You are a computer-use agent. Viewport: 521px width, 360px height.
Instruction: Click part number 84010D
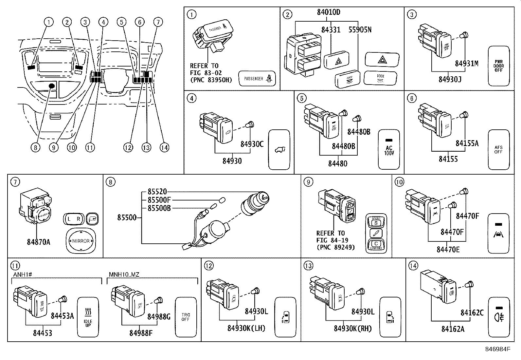(x=329, y=12)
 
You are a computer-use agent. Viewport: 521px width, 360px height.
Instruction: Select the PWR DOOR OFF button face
(x=499, y=66)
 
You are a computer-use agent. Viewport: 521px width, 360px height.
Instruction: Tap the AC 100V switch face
(x=389, y=149)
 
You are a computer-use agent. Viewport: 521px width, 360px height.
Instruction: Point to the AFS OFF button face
(x=498, y=149)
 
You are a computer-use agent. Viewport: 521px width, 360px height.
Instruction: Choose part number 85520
(x=157, y=191)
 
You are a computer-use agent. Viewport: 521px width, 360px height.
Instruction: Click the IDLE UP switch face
(x=88, y=317)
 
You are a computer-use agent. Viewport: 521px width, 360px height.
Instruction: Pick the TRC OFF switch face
(x=186, y=317)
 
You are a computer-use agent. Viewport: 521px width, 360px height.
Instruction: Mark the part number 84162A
(x=453, y=329)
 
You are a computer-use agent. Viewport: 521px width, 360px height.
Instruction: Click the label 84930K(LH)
(x=246, y=328)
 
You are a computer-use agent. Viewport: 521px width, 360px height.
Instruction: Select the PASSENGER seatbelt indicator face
(x=257, y=79)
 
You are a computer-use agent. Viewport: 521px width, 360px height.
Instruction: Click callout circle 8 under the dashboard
(x=35, y=147)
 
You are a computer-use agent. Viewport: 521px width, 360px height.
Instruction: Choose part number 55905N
(x=360, y=30)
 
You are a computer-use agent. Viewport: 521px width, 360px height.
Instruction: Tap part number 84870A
(x=39, y=242)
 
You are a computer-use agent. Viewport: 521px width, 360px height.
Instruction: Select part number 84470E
(x=448, y=249)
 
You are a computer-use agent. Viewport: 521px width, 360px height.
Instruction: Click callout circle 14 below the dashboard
(x=165, y=147)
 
